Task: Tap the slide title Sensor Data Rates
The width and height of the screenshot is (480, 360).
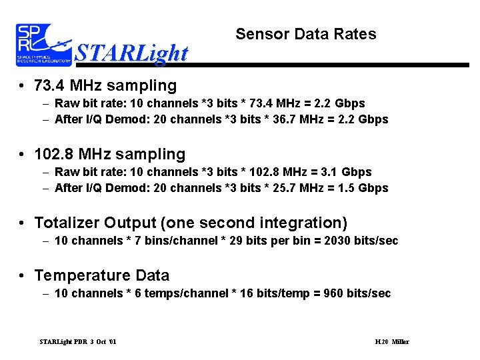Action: [306, 34]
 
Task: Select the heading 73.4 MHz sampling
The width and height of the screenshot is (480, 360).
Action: [105, 85]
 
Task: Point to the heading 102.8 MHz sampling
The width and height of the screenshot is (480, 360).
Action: [110, 154]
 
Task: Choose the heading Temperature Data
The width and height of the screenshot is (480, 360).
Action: [101, 275]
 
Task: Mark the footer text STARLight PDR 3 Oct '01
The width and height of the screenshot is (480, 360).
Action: [78, 342]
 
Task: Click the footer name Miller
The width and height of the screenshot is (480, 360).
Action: [400, 342]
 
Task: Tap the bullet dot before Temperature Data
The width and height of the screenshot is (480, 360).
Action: [23, 276]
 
